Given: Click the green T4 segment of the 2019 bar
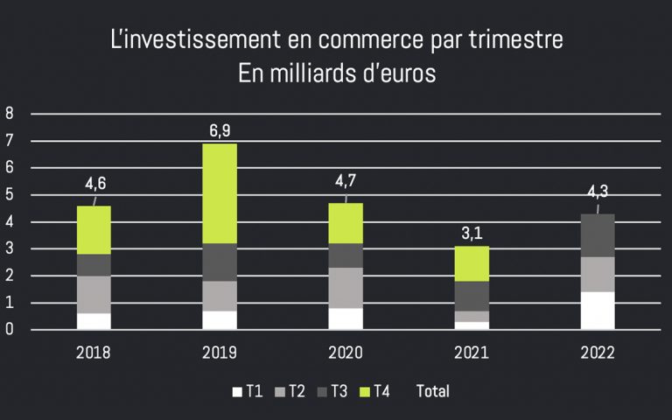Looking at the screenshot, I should point(220,193).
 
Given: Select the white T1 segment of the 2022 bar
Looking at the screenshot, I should point(598,311).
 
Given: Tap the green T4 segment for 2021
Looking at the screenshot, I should point(472,263).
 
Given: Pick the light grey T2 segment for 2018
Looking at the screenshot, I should point(94,295).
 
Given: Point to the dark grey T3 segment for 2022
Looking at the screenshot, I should point(598,235).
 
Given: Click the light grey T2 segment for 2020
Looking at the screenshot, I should point(346,288).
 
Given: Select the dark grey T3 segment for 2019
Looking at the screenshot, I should point(220,262).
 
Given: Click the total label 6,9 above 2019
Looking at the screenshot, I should point(220,130).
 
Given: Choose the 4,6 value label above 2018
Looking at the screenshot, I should point(95,185).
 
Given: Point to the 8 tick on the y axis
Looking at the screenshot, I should point(10,113).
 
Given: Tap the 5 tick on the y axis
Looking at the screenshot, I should point(10,195).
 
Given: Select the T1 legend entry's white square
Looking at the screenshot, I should point(235,391).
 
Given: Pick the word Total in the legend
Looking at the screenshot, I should point(433,391).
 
